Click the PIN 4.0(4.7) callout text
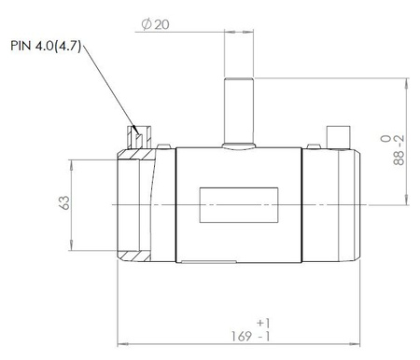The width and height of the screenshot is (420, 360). [46, 46]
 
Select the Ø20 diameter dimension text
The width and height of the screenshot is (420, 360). [156, 24]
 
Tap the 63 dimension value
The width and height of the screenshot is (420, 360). [64, 202]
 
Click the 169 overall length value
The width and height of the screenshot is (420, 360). [242, 336]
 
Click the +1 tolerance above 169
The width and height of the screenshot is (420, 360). [263, 324]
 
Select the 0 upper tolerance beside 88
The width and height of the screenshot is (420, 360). [385, 138]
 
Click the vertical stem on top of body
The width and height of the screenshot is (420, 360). [239, 110]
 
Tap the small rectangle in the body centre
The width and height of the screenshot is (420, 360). [239, 205]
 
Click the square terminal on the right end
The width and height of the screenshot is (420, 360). [338, 137]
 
